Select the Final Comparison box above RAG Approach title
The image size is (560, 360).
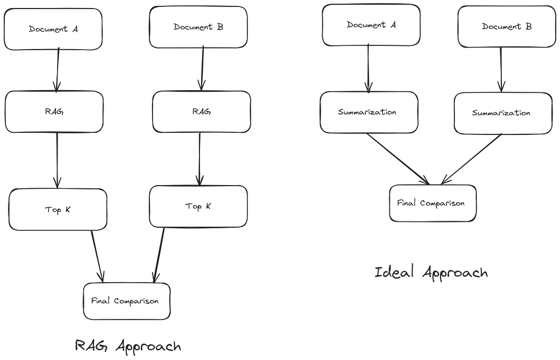click(127, 301)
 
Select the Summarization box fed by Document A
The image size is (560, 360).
click(368, 113)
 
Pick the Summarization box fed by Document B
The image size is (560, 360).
click(501, 113)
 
